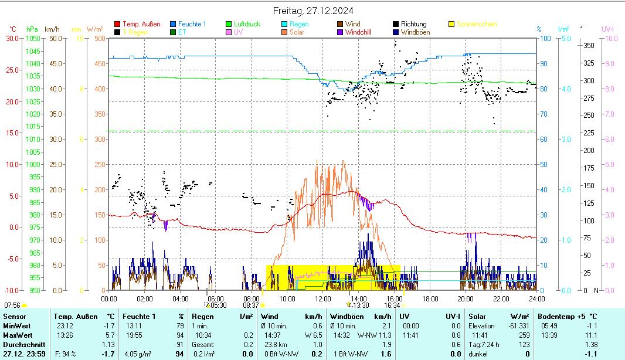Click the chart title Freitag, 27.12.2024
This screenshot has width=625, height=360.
coord(313,11)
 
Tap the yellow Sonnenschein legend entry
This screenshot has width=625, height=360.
coord(476,24)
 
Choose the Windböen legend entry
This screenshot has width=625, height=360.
coord(415,32)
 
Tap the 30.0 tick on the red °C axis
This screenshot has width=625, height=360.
coord(12,39)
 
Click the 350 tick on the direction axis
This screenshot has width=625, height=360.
coord(589,45)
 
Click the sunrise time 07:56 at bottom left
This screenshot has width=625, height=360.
coord(12,305)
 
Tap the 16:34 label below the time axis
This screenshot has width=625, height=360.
coord(392,305)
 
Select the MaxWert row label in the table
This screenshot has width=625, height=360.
coord(17,335)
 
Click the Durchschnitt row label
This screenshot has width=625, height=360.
coord(21,344)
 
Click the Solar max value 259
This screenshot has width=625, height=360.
coord(524,335)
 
